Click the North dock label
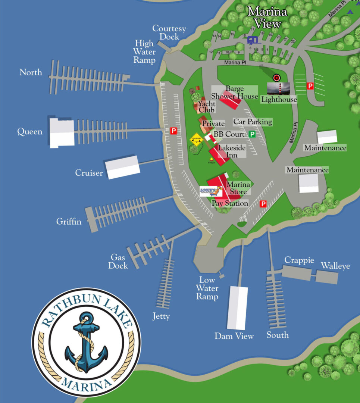(31, 72)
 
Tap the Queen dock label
(30, 132)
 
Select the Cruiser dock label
(89, 173)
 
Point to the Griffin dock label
(69, 222)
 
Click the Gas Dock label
(118, 262)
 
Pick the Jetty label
(161, 316)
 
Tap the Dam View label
(234, 336)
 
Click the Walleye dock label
(335, 266)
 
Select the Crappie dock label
(299, 260)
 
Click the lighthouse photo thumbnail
(278, 89)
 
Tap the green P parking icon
(253, 134)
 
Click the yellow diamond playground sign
(196, 140)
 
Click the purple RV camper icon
(253, 40)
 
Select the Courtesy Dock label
(166, 32)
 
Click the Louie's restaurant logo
(211, 191)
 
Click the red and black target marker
(276, 78)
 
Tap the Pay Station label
(230, 203)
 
